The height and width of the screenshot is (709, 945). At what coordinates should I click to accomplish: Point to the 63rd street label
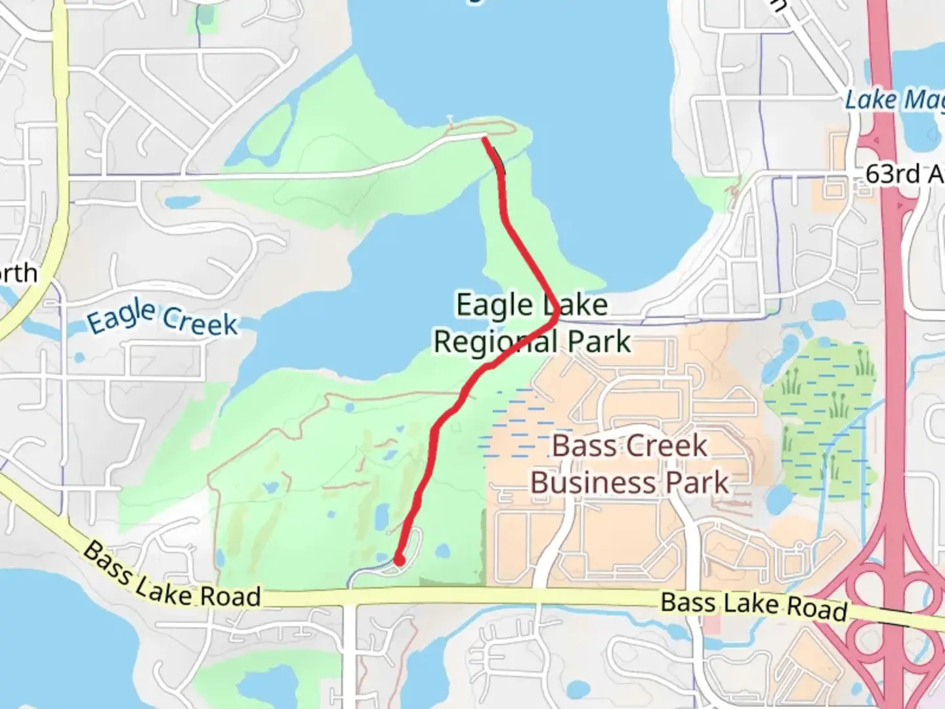tap(903, 174)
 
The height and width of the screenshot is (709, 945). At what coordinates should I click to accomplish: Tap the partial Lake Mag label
tap(892, 100)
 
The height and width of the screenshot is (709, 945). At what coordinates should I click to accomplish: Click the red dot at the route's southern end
tap(398, 559)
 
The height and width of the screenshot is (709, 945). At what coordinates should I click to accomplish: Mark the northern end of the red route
tap(484, 137)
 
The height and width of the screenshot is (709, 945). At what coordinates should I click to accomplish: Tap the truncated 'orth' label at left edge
tap(18, 273)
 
